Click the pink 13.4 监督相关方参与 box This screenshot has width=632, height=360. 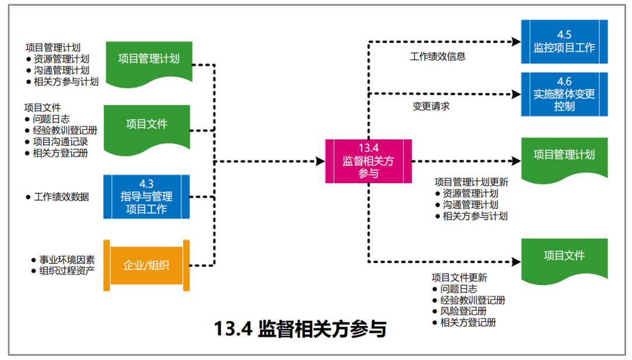point(369,161)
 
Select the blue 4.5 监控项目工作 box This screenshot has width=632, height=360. point(564,42)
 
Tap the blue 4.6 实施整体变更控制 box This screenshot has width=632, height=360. point(564,94)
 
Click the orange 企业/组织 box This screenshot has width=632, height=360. point(146,265)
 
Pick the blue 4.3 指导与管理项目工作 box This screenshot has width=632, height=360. point(146,197)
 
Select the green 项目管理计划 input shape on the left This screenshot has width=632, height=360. point(149,59)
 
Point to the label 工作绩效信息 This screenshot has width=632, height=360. point(438,57)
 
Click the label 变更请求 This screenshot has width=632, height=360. point(431,107)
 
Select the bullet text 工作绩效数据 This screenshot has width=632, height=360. point(61,197)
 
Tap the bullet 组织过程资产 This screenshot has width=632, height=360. point(67,270)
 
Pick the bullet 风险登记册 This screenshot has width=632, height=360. point(463,311)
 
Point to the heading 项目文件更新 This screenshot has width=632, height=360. point(459,277)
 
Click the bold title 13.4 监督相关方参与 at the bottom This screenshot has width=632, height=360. point(300,329)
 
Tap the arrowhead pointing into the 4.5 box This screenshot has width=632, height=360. point(516,42)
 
